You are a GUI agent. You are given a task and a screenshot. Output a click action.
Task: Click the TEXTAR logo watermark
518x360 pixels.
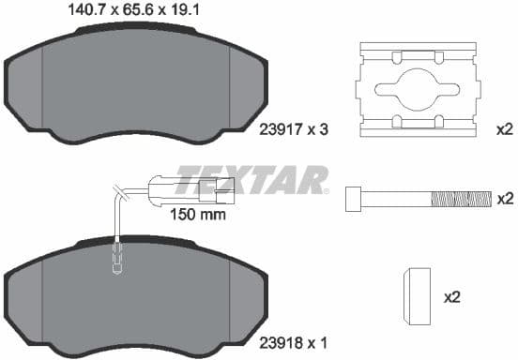[251, 178]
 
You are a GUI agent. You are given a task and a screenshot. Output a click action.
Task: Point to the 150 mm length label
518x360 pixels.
[198, 214]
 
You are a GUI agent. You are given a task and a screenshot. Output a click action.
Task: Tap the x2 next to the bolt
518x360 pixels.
[505, 198]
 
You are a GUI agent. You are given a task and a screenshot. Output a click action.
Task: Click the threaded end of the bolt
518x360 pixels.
[460, 198]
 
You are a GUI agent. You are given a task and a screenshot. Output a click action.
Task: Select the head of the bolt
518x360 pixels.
[354, 198]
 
